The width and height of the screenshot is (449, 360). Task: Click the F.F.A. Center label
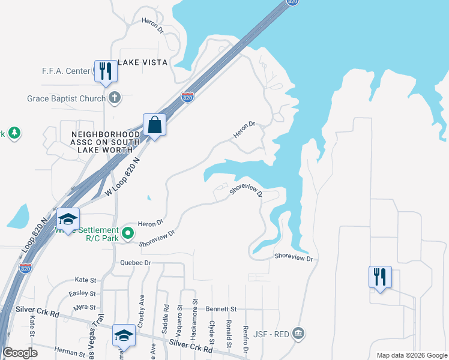pyautogui.click(x=65, y=71)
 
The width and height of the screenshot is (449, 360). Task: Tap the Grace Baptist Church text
pyautogui.click(x=66, y=98)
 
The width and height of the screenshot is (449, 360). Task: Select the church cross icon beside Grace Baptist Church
pyautogui.click(x=115, y=98)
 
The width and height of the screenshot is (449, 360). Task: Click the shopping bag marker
pyautogui.click(x=154, y=125)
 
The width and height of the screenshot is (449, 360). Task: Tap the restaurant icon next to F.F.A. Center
pyautogui.click(x=106, y=70)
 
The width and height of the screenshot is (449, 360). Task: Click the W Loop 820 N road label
pyautogui.click(x=122, y=178)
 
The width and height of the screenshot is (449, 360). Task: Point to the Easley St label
pyautogui.click(x=83, y=293)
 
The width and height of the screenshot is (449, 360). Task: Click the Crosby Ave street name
pyautogui.click(x=142, y=306)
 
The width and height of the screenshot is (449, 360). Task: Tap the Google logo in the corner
pyautogui.click(x=20, y=353)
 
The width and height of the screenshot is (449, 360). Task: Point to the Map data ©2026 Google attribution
pyautogui.click(x=411, y=355)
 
